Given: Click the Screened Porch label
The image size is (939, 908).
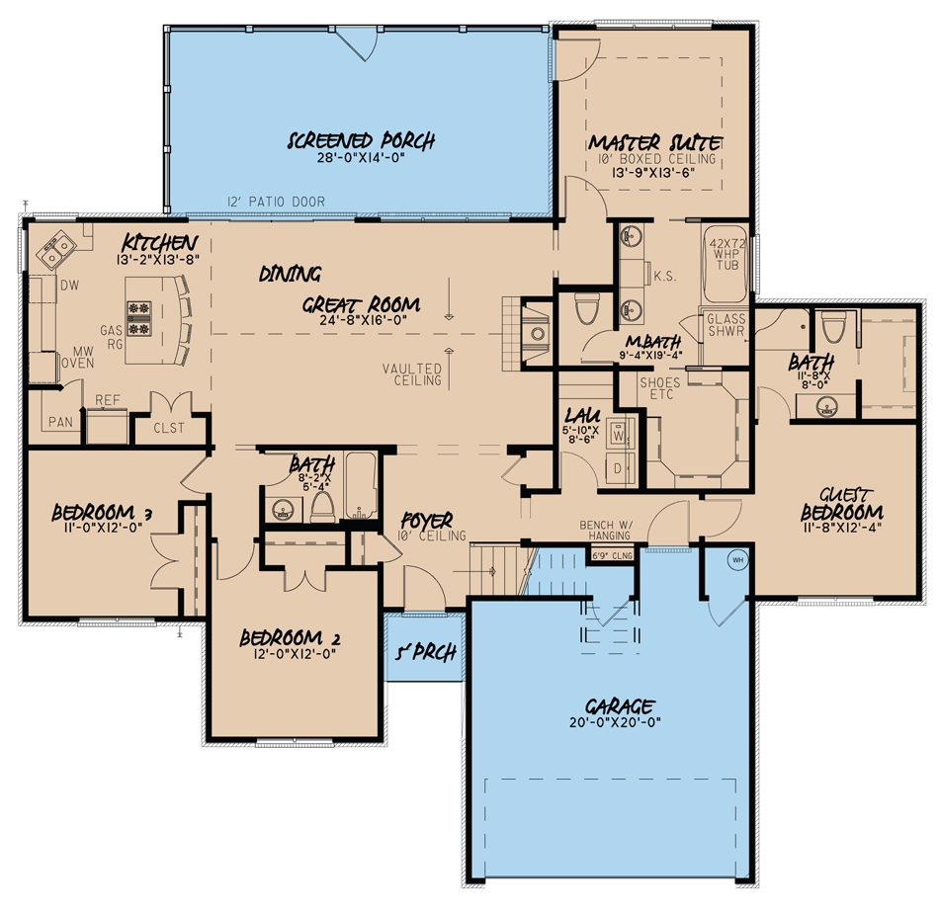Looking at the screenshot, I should click(361, 141).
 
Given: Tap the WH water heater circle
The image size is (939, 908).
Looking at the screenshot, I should click(736, 560).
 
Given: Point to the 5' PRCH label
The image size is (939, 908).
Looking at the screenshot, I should click(423, 653).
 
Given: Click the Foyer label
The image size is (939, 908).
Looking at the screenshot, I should click(427, 520).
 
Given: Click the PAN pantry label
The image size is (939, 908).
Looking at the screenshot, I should click(59, 422).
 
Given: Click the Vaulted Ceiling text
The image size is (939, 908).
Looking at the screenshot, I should click(412, 374).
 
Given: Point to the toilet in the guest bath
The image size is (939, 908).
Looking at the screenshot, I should click(832, 327).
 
